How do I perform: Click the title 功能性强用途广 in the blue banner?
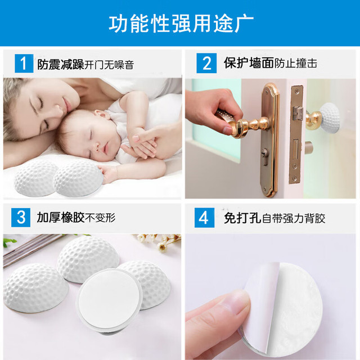coord(181,24)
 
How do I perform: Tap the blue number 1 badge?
coord(24,64)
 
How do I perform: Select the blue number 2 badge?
coord(206,63)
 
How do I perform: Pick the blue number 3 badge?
coord(21,218)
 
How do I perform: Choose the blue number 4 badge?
coord(204,218)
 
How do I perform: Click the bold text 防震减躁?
coord(60,64)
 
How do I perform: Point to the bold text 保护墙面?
coord(249,63)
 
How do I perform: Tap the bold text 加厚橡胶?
coord(60,218)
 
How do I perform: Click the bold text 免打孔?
coord(242,218)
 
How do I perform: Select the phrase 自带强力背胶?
coord(294,218)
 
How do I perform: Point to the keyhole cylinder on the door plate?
coord(265,156)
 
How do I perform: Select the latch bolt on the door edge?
coord(298,114)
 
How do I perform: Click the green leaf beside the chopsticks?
coord(9,242)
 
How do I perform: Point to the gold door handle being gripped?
coord(245,125)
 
